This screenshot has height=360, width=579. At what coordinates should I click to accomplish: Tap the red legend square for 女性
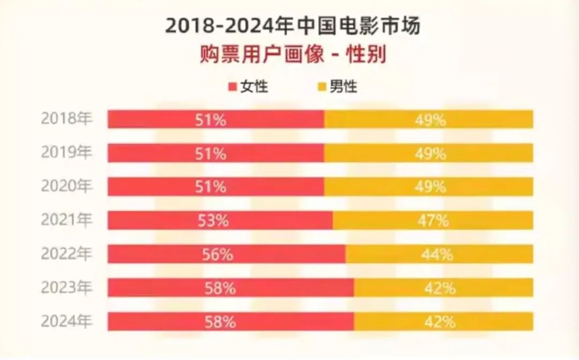233,86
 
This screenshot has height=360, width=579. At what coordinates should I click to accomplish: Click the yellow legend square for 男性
322,86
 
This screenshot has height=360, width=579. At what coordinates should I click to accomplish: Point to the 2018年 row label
66,118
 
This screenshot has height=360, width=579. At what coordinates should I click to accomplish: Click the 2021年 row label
66,219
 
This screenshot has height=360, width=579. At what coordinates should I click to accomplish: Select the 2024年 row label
66,321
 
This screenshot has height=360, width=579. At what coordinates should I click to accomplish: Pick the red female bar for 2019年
161,153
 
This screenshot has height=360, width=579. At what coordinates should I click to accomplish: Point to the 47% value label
433,221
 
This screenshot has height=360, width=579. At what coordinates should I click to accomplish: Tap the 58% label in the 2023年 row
220,288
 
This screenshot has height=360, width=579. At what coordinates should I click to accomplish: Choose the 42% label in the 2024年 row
440,322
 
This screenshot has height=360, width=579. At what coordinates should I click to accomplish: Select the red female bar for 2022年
161,254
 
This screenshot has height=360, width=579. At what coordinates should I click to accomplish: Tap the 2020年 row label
66,186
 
